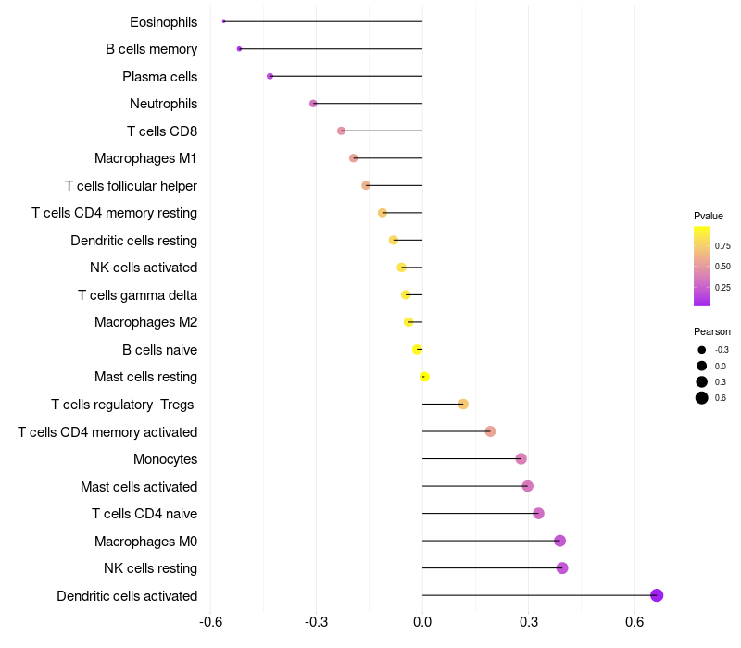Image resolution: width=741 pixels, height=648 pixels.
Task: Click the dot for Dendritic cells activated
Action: click(657, 595)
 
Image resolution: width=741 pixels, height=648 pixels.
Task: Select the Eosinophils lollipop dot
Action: click(224, 21)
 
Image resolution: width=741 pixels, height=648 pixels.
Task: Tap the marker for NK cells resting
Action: click(562, 567)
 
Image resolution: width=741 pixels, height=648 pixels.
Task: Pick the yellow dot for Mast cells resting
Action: click(424, 377)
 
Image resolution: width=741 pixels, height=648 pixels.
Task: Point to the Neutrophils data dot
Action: click(313, 103)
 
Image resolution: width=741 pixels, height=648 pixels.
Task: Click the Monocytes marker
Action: click(521, 458)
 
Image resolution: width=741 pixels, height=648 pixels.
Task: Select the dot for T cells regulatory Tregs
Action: click(463, 404)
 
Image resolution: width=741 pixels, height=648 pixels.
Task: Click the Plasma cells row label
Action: click(159, 76)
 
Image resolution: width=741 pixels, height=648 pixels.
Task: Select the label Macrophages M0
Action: click(145, 541)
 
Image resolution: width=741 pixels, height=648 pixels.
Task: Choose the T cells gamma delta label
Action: click(137, 294)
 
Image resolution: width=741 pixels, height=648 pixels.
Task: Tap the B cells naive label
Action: click(159, 349)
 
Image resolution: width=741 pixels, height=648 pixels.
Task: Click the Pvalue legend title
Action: click(709, 216)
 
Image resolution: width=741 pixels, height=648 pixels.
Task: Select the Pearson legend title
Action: click(712, 331)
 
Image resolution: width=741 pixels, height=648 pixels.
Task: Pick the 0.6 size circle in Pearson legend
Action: click(702, 398)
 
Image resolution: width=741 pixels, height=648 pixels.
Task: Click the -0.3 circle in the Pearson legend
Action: click(702, 350)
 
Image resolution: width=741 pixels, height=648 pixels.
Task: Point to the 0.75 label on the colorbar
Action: click(722, 245)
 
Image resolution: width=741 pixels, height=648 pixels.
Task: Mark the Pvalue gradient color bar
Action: click(702, 266)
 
